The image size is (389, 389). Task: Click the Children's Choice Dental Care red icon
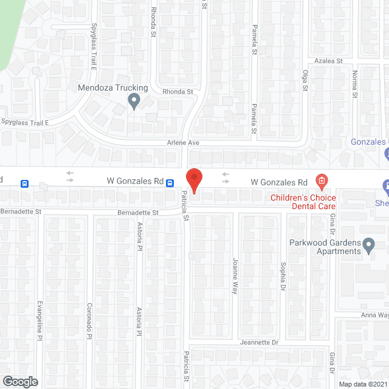(322, 181)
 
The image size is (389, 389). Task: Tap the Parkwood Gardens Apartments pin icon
(369, 247)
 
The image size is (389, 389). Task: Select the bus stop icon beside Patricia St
(171, 182)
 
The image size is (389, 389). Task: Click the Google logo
(19, 381)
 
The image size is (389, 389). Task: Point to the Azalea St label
(329, 61)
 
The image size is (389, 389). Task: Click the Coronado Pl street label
(89, 320)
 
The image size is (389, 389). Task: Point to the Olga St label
(306, 79)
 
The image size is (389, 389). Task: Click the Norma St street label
(354, 81)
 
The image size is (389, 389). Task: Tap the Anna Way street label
(374, 315)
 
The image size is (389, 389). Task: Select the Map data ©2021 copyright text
(363, 384)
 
